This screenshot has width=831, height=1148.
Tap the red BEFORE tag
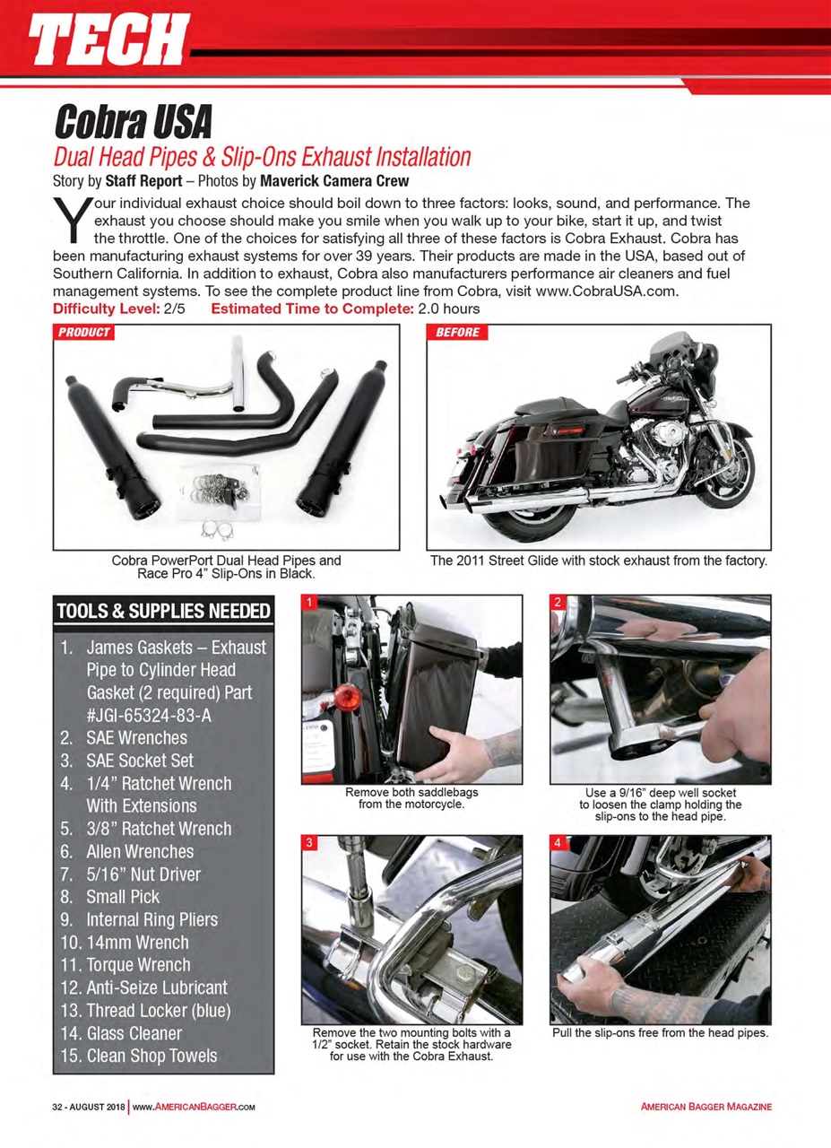pyautogui.click(x=457, y=333)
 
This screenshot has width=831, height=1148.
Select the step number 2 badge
pyautogui.click(x=557, y=603)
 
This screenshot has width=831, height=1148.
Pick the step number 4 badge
pyautogui.click(x=557, y=843)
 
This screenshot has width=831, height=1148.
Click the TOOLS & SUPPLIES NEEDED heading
pyautogui.click(x=163, y=612)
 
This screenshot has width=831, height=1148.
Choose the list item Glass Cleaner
pyautogui.click(x=134, y=1033)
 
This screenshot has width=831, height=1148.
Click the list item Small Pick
pyautogui.click(x=122, y=897)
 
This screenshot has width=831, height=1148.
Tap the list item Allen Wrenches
pyautogui.click(x=139, y=851)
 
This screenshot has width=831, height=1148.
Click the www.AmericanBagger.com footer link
pyautogui.click(x=195, y=1107)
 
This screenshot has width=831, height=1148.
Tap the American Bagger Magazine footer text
pyautogui.click(x=705, y=1107)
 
